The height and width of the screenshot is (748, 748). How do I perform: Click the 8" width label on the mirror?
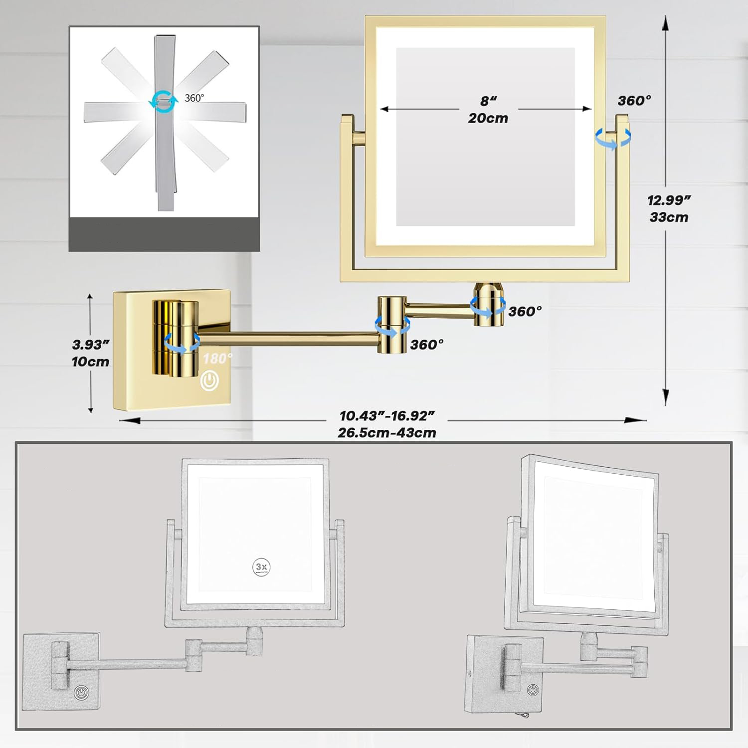[x=488, y=101]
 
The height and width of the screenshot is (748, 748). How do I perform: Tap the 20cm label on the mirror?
[x=488, y=118]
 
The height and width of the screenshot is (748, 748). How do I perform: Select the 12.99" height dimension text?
[x=669, y=200]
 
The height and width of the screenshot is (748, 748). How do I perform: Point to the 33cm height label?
[x=669, y=217]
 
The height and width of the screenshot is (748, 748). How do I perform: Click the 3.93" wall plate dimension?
[x=91, y=345]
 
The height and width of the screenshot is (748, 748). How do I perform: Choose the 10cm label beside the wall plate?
[x=91, y=362]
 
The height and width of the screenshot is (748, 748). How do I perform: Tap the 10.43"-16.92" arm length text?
[x=387, y=415]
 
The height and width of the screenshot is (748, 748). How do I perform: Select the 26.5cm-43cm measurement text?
[x=387, y=432]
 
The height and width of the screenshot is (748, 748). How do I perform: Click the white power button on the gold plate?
[x=210, y=381]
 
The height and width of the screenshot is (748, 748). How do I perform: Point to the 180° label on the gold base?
[x=217, y=358]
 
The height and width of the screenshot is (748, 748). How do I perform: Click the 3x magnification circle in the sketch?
[x=261, y=567]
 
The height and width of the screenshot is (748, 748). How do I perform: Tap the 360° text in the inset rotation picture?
[x=194, y=98]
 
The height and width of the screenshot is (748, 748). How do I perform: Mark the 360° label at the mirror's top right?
[x=634, y=101]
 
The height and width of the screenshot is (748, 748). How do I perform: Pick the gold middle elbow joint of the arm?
[x=392, y=325]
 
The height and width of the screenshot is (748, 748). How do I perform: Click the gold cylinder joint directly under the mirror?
[x=487, y=304]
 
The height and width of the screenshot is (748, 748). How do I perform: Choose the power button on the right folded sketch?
[x=534, y=690]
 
